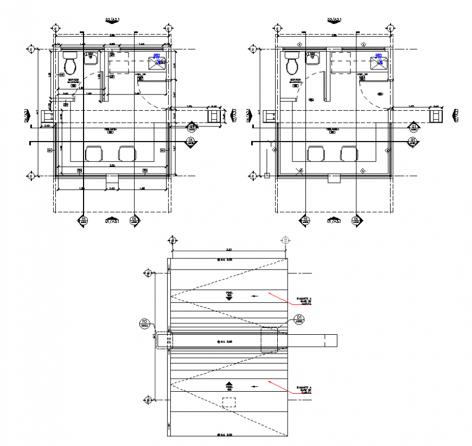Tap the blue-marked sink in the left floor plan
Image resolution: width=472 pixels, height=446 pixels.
pos(158,61)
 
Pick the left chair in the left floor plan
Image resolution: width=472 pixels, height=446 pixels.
pos(93,154)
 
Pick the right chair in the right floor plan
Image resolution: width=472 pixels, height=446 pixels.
pos(349,154)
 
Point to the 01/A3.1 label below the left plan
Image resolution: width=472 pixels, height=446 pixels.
pos(111,221)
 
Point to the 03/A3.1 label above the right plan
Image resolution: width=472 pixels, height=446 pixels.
pos(334,20)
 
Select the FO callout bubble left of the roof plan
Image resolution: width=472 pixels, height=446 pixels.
pos(144,323)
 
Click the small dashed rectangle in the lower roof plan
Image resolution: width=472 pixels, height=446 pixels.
pos(229,402)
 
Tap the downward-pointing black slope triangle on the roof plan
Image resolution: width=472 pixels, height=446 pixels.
pos(229,298)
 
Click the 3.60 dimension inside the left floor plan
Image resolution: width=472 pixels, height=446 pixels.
pos(112,165)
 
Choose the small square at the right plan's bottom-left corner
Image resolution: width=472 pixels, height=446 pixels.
pos(267,175)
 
